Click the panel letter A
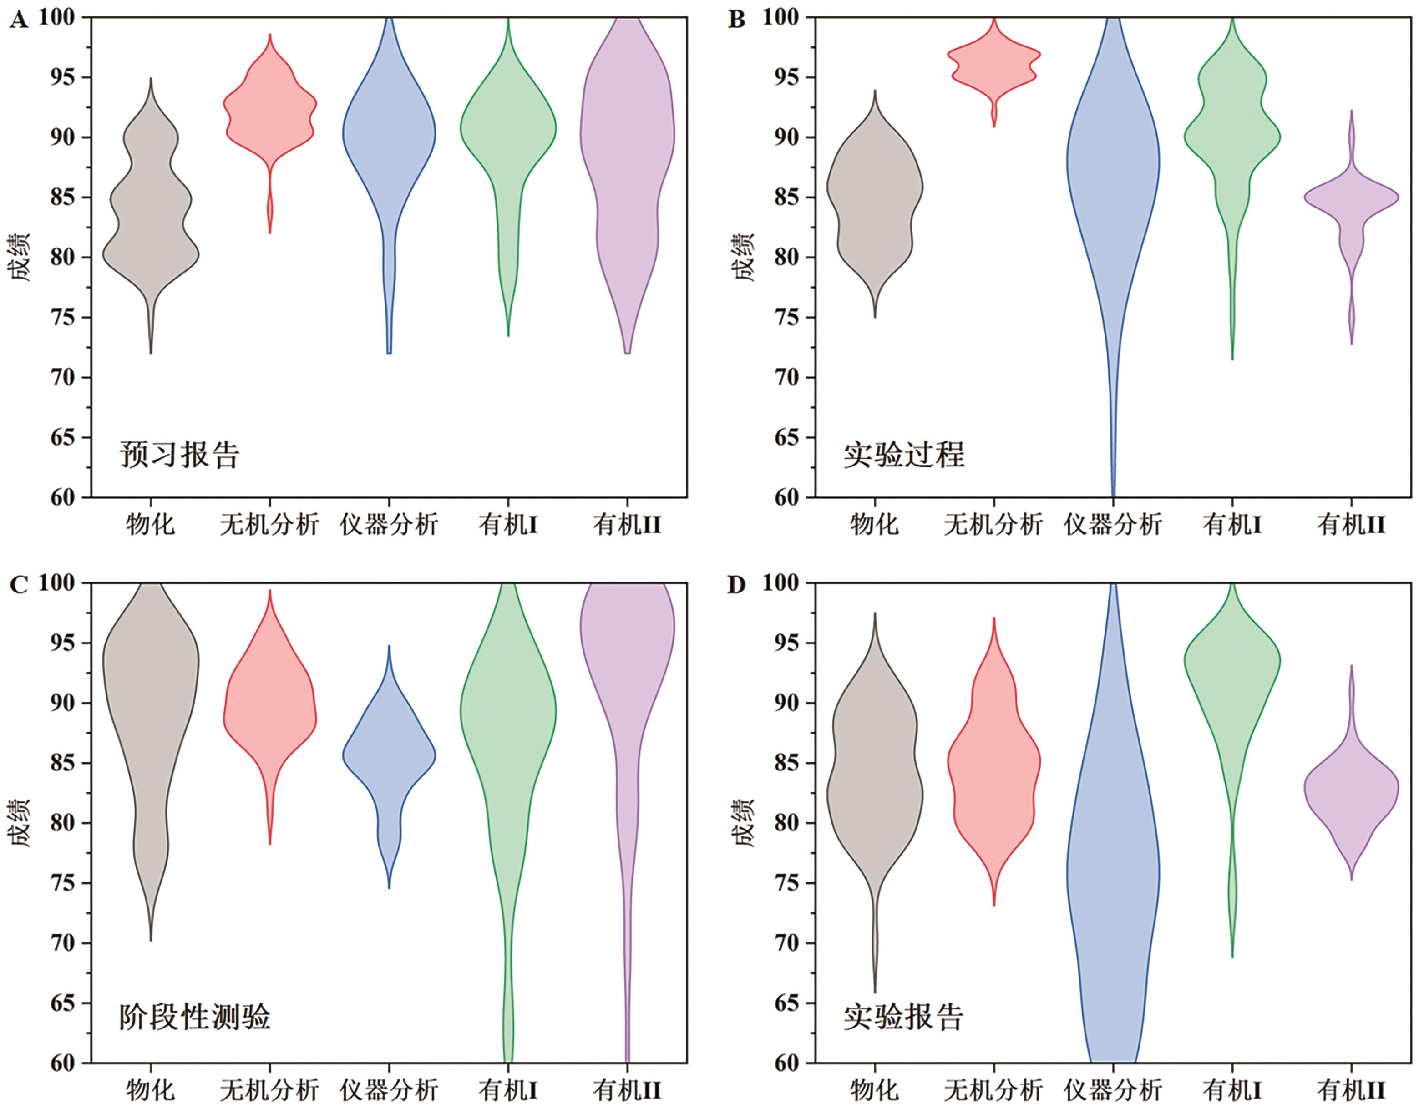(18, 21)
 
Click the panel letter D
(736, 585)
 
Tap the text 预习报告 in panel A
(179, 455)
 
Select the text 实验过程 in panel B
(904, 455)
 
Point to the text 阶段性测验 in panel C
(194, 1018)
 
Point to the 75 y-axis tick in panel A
(62, 318)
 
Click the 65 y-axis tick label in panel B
(787, 438)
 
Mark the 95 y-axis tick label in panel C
(62, 643)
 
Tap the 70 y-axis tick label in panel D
(787, 943)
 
